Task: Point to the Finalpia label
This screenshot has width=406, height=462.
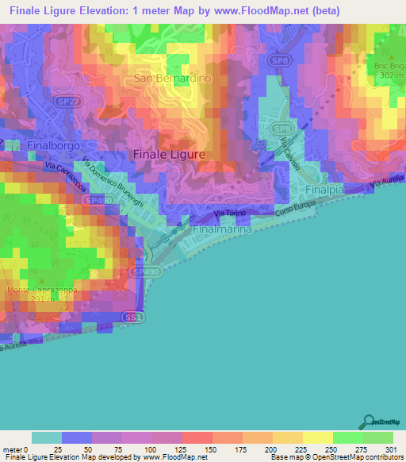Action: coord(327,191)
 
